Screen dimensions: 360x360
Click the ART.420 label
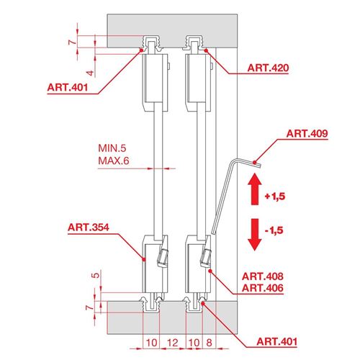coord(268,68)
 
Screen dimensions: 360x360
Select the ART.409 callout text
coord(307,133)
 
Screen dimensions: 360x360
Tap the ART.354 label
coord(89,228)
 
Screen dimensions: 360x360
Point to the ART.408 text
coord(263,276)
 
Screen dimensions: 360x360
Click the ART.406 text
coord(263,288)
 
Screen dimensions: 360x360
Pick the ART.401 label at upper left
coord(68,87)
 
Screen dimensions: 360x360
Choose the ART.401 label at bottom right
coord(277,341)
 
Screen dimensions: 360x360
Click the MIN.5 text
coord(112,148)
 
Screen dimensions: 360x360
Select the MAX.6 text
coord(114,161)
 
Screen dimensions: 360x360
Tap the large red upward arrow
coord(255,189)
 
